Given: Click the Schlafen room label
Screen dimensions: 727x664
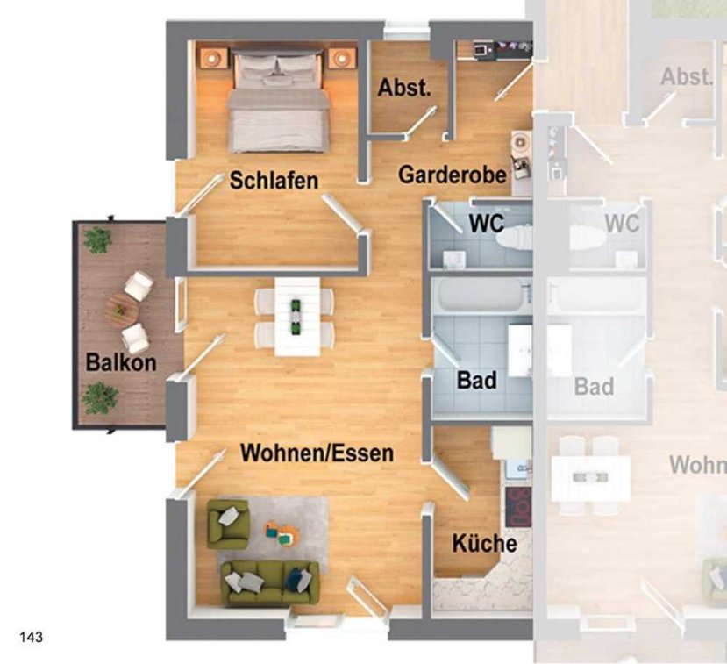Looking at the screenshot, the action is click(274, 181).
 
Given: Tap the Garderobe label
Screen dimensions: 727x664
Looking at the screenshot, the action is click(453, 175).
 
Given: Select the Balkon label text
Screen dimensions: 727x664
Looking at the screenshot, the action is click(121, 362).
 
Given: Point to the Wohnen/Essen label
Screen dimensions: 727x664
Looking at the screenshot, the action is click(317, 453).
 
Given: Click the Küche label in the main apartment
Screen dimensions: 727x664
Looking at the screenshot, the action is click(484, 543).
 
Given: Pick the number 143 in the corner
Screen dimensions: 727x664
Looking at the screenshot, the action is click(31, 637).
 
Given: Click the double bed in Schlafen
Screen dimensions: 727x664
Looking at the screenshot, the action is click(278, 101).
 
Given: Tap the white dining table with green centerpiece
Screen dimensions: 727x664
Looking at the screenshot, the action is click(296, 317).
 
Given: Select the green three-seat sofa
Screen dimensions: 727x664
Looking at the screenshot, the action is click(270, 582).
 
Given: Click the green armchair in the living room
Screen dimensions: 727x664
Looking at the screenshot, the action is click(228, 524).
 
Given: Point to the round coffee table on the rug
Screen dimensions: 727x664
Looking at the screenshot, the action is click(282, 533).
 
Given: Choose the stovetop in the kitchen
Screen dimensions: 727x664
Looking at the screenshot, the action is click(518, 507).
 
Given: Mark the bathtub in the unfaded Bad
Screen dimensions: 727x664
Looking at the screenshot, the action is click(482, 295).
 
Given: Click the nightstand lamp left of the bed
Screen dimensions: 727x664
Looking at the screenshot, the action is click(213, 58).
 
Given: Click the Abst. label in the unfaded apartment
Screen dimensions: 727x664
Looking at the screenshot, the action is click(404, 88).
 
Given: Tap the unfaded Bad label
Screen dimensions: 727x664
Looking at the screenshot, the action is click(477, 380).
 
